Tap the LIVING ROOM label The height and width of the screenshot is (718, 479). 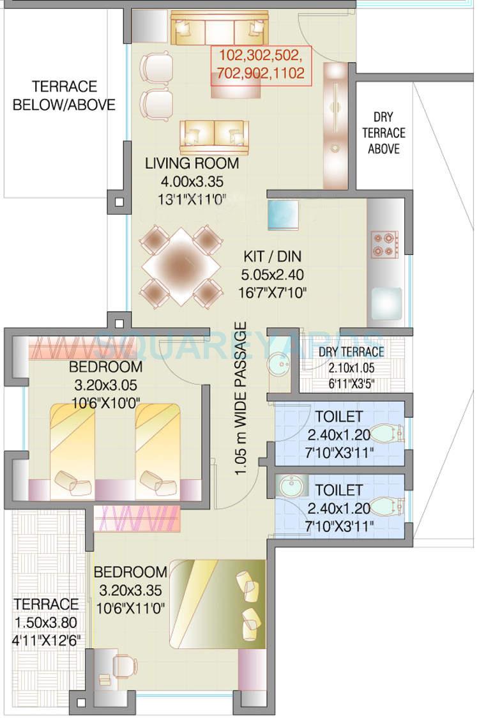pos(192,164)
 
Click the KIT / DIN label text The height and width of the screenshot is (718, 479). pos(273,257)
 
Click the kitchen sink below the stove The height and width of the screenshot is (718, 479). pos(386,300)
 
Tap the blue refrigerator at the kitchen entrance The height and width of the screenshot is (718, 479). pos(283,215)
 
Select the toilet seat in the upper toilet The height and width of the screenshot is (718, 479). pos(388,434)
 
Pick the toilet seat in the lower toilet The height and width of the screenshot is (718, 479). pos(388,507)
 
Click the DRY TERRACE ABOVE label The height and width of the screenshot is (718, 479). pos(384,133)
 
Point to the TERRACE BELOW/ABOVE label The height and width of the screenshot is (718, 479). pos(64,96)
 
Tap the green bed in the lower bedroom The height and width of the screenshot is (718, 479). pos(217,604)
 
